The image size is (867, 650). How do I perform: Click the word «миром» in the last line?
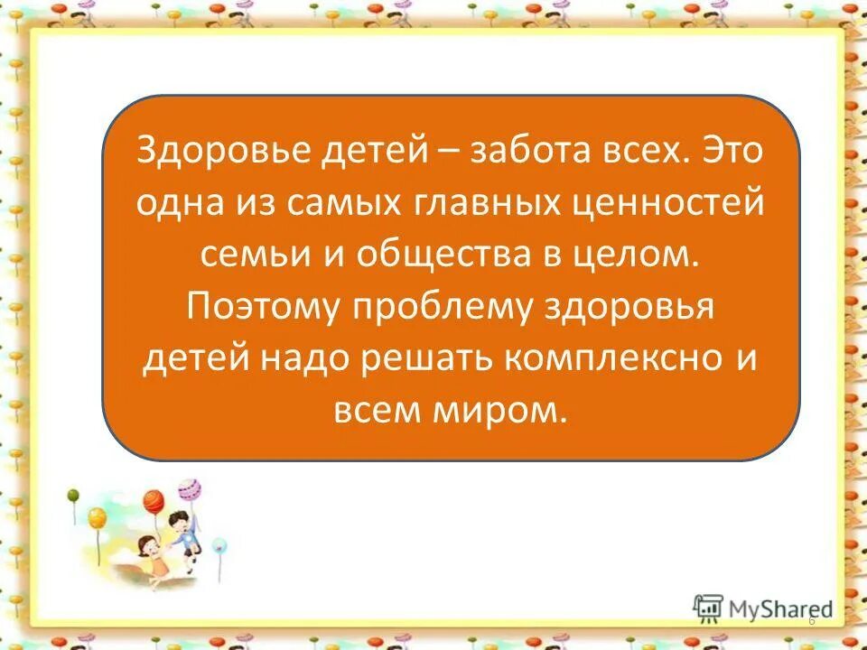coord(517,412)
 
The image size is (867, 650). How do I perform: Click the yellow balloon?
coord(98,517)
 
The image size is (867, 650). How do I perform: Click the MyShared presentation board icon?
coord(707,607)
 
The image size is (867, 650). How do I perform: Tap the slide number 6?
coord(811,621)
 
